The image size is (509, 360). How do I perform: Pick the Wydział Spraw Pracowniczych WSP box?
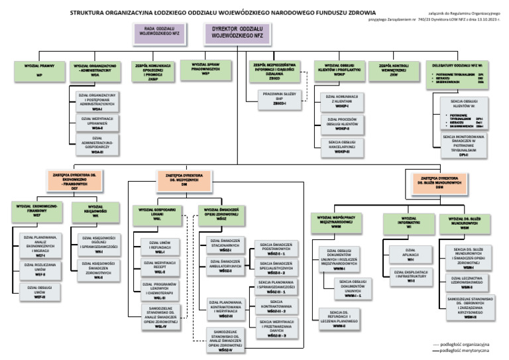click(x=205, y=70)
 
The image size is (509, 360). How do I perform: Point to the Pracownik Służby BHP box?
click(x=277, y=100)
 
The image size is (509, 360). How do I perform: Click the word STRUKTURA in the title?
click(x=99, y=12)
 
